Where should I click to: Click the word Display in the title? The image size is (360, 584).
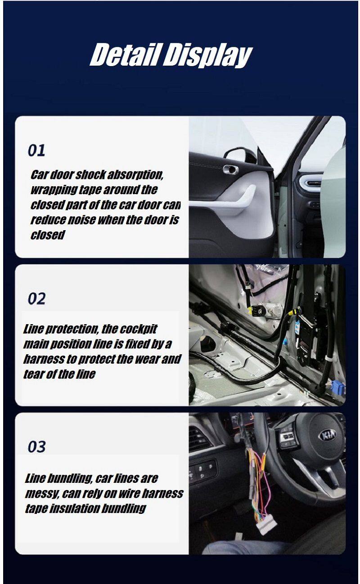(x=208, y=56)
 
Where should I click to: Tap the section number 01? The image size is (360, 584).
(x=36, y=151)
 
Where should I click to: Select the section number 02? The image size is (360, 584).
(x=36, y=299)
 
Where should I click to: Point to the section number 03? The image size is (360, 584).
(x=36, y=447)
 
